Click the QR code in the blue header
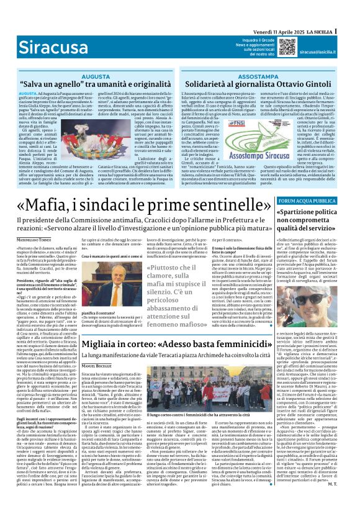click(x=287, y=47)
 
